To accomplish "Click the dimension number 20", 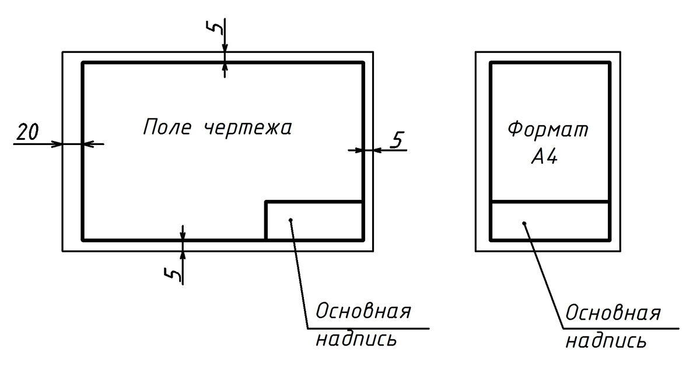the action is tap(27, 132).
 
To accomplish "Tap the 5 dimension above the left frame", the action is tap(215, 27).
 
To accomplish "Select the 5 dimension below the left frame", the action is tap(173, 274).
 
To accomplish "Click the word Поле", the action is tap(167, 127).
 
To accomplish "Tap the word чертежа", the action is tap(248, 128).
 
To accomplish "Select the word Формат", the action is tap(548, 129).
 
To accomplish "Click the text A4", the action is tap(544, 156).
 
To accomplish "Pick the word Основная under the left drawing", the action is tap(363, 311).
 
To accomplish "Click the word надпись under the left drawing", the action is tap(356, 339).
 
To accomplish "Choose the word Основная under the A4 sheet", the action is tap(613, 313).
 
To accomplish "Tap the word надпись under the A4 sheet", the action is tap(606, 340).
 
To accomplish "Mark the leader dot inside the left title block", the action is tap(290, 220).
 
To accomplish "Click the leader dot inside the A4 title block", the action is tap(524, 223).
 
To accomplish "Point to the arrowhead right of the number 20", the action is tap(57, 144).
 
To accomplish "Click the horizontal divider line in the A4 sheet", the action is tap(550, 202).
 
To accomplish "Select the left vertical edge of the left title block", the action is tap(265, 221).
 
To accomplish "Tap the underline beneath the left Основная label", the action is tap(368, 329).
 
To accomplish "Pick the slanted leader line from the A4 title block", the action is tap(544, 276).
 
